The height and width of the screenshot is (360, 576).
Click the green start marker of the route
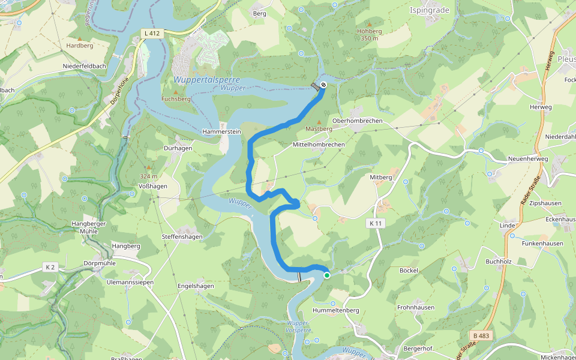point(327,275)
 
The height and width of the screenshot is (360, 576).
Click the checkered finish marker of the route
point(323,85)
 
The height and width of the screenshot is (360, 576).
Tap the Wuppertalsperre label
point(206,80)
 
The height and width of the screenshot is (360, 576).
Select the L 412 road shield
point(151,33)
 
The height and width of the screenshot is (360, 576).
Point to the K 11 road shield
point(376,223)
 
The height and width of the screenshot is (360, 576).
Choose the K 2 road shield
point(50,266)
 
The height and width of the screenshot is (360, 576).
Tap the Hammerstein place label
point(221,131)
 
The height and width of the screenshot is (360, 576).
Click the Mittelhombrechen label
point(319,145)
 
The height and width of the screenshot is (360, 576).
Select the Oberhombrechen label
point(361,121)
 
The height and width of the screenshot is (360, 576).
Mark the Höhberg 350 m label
point(369,34)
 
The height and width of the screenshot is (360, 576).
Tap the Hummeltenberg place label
point(336,310)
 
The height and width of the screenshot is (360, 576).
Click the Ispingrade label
point(429,10)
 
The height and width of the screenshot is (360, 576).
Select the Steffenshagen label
point(182,237)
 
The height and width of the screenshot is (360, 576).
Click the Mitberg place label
point(381,178)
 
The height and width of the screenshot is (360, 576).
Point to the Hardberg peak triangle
point(80,38)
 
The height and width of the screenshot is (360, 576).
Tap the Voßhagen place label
point(152,186)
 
